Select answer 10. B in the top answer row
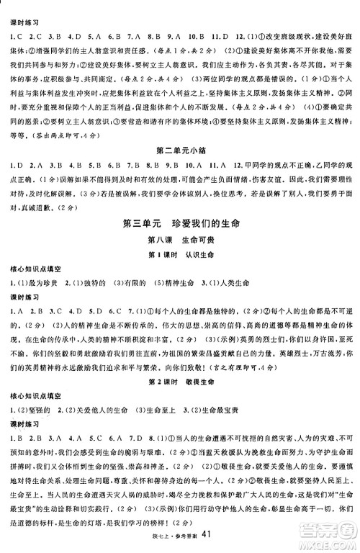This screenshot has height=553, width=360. (x=193, y=35)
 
